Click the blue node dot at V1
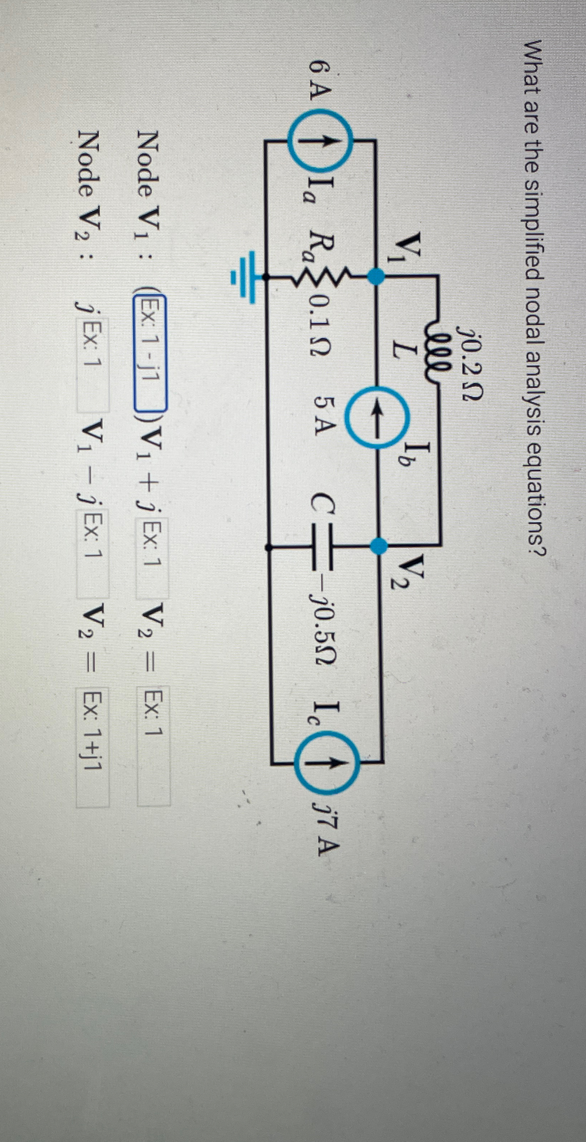coord(377,277)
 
